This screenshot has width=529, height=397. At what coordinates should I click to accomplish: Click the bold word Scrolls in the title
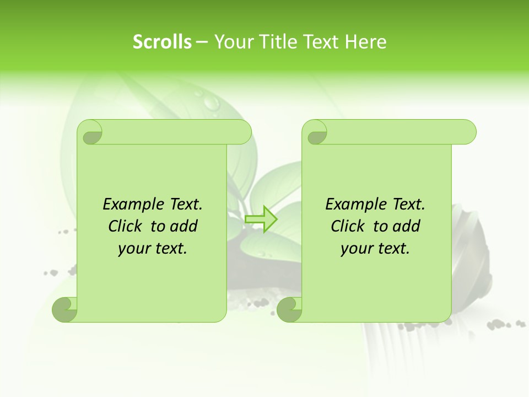click(x=162, y=42)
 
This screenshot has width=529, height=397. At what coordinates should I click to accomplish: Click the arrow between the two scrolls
click(x=261, y=219)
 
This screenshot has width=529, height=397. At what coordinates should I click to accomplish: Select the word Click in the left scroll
click(x=126, y=226)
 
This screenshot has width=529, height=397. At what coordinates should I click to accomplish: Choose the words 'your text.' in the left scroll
click(x=153, y=248)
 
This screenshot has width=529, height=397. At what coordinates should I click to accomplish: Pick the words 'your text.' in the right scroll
click(x=375, y=248)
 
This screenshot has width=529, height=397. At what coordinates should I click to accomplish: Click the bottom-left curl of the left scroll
click(x=64, y=310)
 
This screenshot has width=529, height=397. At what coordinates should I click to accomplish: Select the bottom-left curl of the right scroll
click(x=289, y=310)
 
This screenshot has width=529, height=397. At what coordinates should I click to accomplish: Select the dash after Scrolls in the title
click(x=202, y=42)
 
